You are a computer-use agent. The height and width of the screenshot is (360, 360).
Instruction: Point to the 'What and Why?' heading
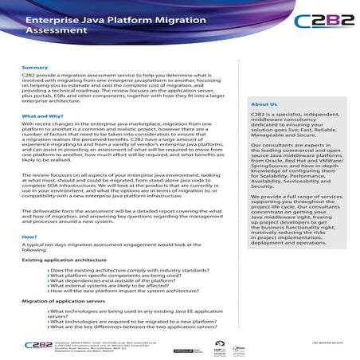coord(44,116)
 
